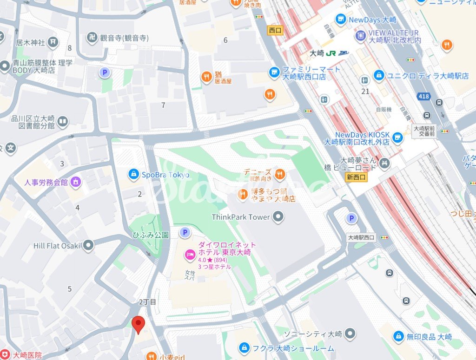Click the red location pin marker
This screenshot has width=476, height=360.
(x=138, y=324)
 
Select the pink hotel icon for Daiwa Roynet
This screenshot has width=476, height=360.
(x=190, y=255)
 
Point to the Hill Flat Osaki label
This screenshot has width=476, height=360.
(x=57, y=245)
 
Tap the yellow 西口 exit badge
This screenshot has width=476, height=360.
(x=275, y=30)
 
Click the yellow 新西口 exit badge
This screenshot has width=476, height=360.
(x=357, y=177)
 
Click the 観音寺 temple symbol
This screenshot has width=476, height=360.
(x=92, y=38)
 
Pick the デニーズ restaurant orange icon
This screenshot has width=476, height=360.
(x=279, y=174)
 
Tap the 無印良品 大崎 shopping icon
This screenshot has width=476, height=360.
(x=398, y=336)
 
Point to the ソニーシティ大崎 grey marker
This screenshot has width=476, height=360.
(x=350, y=334)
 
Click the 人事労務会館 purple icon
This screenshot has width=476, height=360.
(x=75, y=182)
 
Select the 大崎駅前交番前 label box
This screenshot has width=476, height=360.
(x=425, y=131)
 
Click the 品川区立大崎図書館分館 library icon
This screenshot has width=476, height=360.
(x=62, y=122)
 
